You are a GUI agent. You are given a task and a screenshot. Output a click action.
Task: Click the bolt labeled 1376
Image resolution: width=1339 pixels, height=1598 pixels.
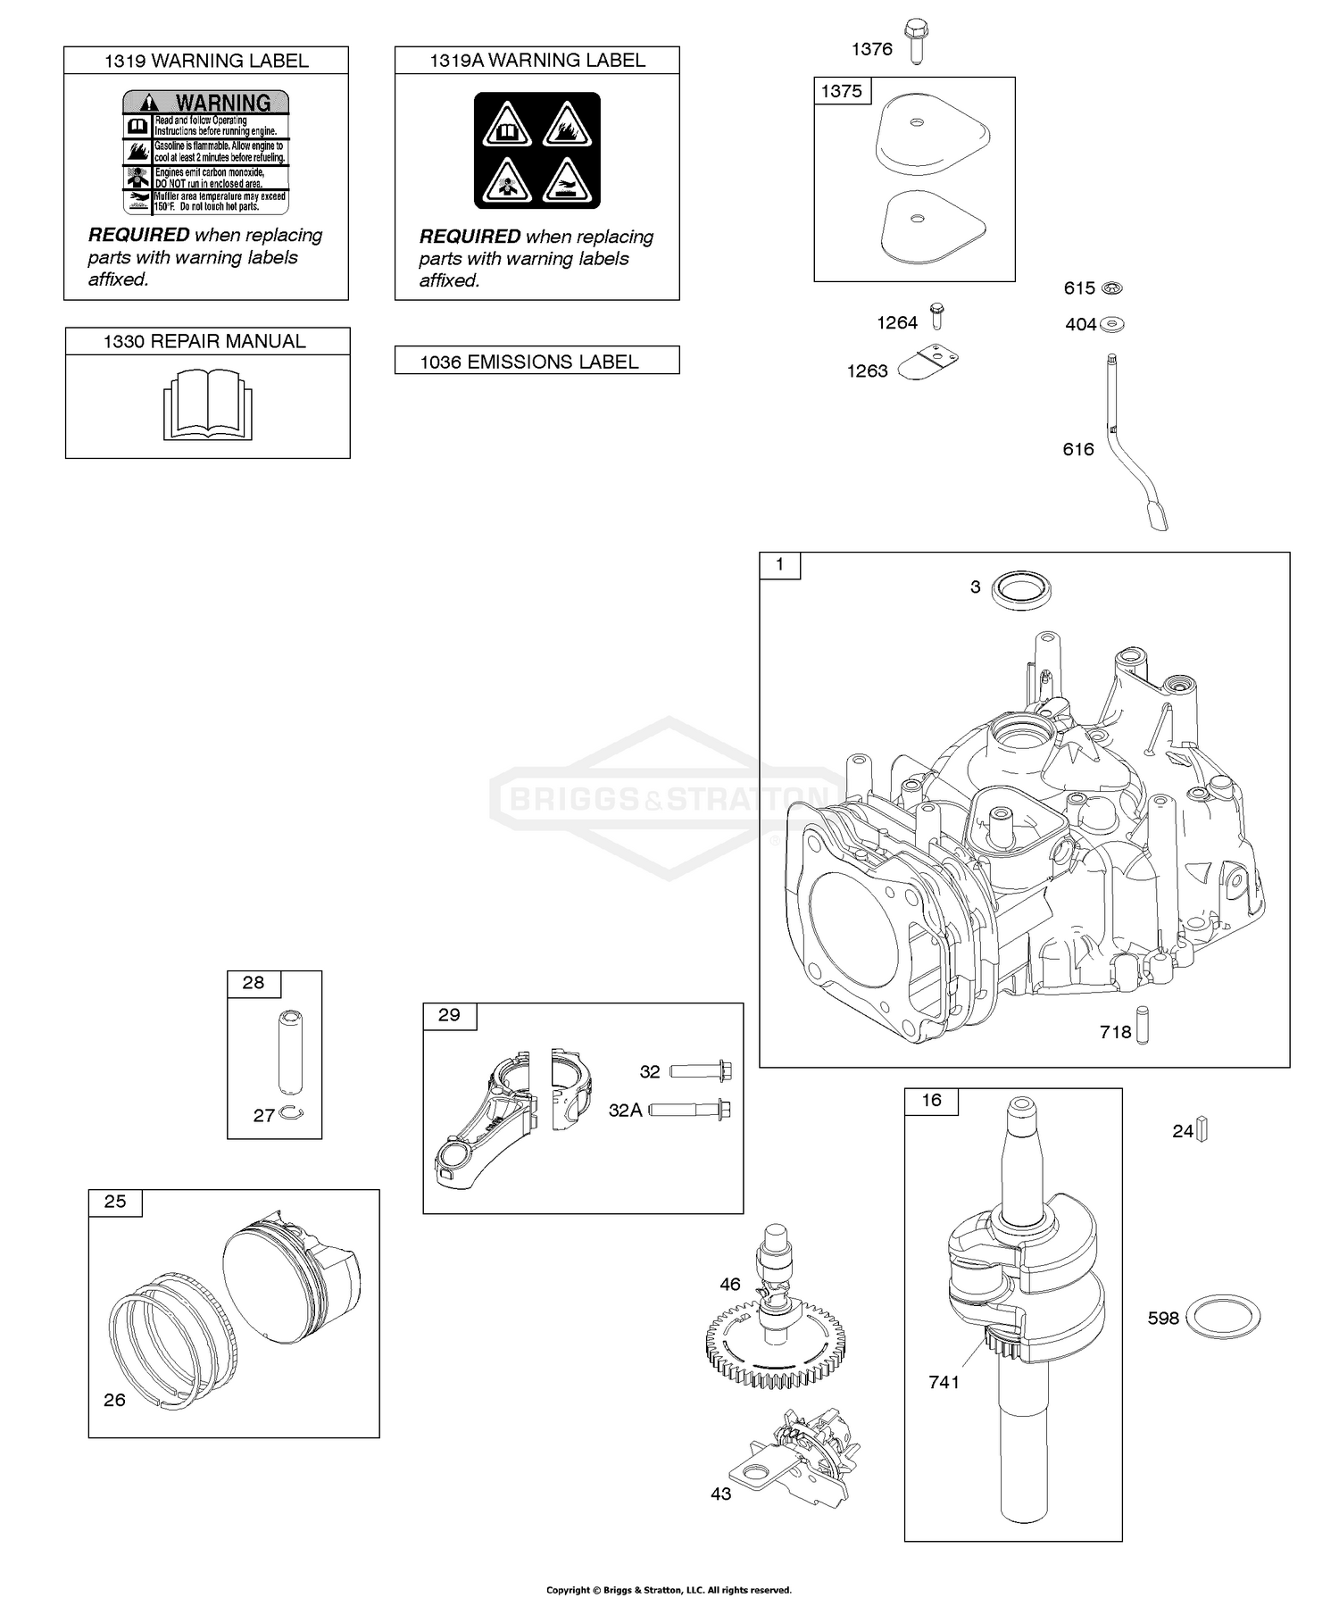915,41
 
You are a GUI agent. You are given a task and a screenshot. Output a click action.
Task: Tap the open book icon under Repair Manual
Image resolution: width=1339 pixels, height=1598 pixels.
207,406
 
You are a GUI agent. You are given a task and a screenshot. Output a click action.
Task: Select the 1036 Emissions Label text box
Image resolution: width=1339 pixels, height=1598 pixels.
536,361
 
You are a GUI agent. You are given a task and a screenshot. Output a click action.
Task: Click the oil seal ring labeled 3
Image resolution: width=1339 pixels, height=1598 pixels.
1022,589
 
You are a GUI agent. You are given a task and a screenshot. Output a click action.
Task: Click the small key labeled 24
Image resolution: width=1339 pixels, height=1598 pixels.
1202,1129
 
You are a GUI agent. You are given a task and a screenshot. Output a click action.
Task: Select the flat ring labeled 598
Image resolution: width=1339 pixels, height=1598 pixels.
1222,1317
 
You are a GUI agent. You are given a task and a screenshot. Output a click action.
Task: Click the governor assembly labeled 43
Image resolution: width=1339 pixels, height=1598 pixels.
791,1460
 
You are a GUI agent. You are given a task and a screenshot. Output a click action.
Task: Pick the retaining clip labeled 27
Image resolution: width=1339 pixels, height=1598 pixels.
291,1111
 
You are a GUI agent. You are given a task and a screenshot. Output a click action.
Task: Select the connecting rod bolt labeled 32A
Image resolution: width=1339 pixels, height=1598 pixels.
691,1110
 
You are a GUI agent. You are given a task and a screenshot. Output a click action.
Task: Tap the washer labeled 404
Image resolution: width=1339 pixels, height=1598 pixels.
1112,323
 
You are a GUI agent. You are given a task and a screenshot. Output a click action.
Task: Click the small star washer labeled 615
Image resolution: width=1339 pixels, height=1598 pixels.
1112,287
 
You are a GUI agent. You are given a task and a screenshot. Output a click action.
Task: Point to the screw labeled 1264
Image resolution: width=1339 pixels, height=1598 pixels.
936,316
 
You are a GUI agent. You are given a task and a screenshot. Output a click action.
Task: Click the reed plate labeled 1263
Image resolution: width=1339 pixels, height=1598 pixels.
927,365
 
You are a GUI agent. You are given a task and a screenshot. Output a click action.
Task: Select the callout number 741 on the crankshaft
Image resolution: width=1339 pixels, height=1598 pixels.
944,1382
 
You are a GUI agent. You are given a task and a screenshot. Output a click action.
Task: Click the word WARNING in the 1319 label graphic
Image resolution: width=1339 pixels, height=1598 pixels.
222,103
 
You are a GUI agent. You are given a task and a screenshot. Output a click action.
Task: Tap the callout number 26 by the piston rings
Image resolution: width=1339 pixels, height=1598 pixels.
114,1400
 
